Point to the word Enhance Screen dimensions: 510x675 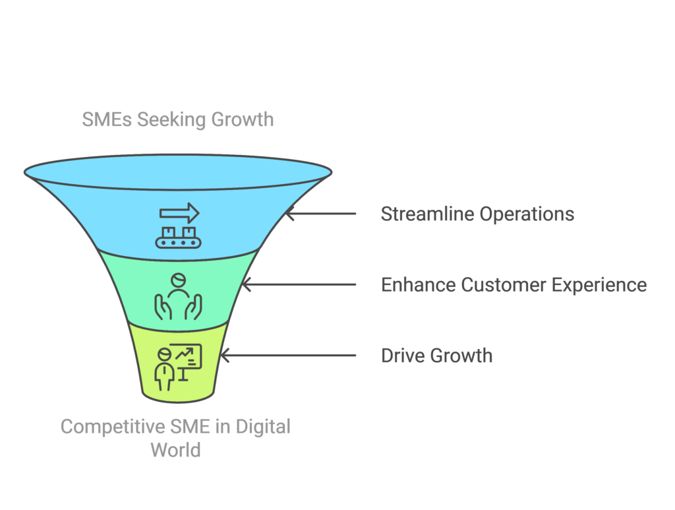point(417,285)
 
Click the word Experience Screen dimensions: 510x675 point(600,285)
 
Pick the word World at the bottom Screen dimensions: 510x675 point(175,450)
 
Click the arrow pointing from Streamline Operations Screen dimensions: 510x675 point(320,214)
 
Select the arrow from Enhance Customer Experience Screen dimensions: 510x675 point(299,284)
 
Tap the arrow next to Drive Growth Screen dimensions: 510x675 point(287,356)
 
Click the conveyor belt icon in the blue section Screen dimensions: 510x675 point(178,237)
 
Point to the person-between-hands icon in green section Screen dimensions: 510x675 point(178,297)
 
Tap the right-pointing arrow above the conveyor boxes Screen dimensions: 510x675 point(179,212)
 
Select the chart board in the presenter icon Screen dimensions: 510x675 point(186,357)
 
